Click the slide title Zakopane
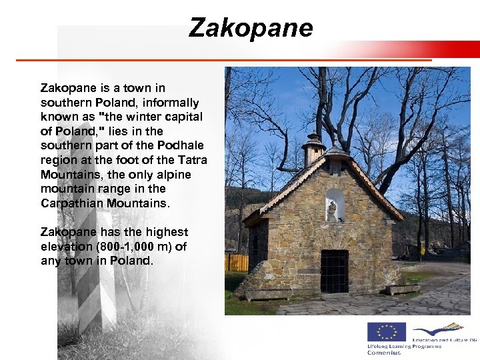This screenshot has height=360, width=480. [x=251, y=28]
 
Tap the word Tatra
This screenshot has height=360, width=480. [x=193, y=160]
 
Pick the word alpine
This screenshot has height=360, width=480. [x=174, y=175]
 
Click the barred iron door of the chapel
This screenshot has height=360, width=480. [x=334, y=271]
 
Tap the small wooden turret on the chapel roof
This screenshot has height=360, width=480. [x=313, y=150]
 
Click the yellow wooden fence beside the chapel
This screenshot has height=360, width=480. [x=236, y=262]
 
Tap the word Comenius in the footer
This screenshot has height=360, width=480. [x=384, y=353]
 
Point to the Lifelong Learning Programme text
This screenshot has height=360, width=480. [x=403, y=347]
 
